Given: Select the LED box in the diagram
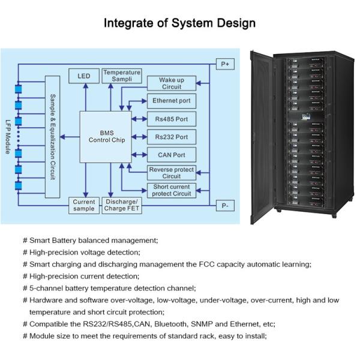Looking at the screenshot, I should point(84,76).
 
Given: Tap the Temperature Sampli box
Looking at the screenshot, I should point(122,76).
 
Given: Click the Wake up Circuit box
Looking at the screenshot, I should point(171,83).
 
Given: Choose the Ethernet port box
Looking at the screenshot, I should point(171,101).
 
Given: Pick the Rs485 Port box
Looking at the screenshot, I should point(171,119).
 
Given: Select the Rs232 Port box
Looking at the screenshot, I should point(171,137).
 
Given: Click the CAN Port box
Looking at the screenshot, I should point(171,155).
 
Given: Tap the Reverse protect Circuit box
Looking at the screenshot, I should point(171,173).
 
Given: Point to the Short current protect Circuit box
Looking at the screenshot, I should point(171,190).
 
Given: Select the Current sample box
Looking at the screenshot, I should point(84,206).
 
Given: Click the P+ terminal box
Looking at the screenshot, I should point(225,64).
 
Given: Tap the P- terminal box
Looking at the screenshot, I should point(225,206).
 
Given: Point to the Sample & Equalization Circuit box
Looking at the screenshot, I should point(53,136).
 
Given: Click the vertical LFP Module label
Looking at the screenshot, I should point(8,136).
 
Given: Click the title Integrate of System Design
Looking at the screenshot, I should point(180,23).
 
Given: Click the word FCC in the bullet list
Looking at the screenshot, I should point(196,264).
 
